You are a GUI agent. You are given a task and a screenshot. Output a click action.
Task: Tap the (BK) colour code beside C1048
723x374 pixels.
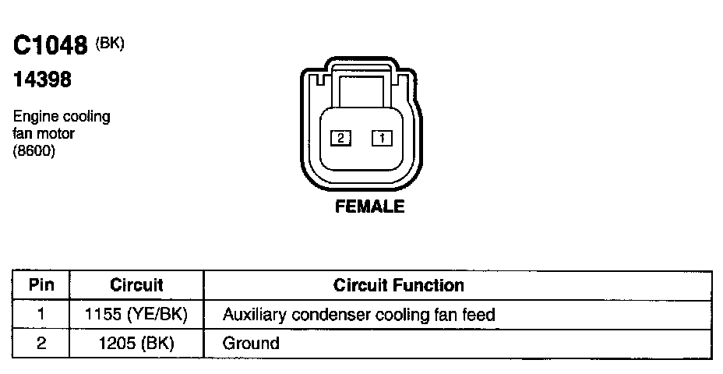[110, 43]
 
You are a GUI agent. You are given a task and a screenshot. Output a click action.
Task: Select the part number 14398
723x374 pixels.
[43, 79]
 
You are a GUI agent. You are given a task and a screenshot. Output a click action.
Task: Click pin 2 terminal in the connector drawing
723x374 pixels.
[341, 139]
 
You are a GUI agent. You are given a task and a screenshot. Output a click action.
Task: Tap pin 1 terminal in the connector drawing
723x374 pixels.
[382, 139]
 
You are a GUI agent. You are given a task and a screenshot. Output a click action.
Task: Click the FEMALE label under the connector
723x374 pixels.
[369, 207]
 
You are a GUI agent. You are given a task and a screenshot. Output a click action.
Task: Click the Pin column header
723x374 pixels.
[41, 285]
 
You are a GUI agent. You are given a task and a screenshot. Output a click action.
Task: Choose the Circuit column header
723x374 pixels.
[136, 285]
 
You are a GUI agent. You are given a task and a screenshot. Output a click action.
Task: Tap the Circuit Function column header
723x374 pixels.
[398, 285]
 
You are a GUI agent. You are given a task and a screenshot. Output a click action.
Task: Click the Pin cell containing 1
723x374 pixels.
[41, 315]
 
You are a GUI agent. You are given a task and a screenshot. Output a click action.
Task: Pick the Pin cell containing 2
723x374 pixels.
[41, 343]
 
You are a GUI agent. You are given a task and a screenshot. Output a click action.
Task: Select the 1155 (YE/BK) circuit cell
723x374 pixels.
[136, 315]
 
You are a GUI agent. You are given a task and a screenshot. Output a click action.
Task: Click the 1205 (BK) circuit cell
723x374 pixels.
[136, 343]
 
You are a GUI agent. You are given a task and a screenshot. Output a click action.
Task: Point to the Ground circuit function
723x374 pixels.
[251, 343]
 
